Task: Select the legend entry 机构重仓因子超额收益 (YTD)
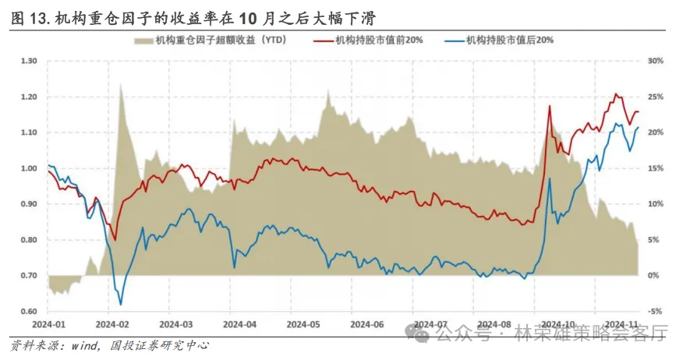point(211,40)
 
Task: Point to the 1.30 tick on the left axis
point(29,61)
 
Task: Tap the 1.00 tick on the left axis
point(29,168)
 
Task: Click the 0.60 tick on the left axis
point(29,312)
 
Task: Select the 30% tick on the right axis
point(656,61)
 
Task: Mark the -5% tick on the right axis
point(656,312)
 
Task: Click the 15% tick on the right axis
point(656,168)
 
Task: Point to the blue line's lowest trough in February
point(120,305)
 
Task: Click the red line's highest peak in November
point(616,94)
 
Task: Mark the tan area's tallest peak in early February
point(121,84)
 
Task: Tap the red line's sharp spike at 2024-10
point(550,105)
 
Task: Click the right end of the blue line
point(639,127)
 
